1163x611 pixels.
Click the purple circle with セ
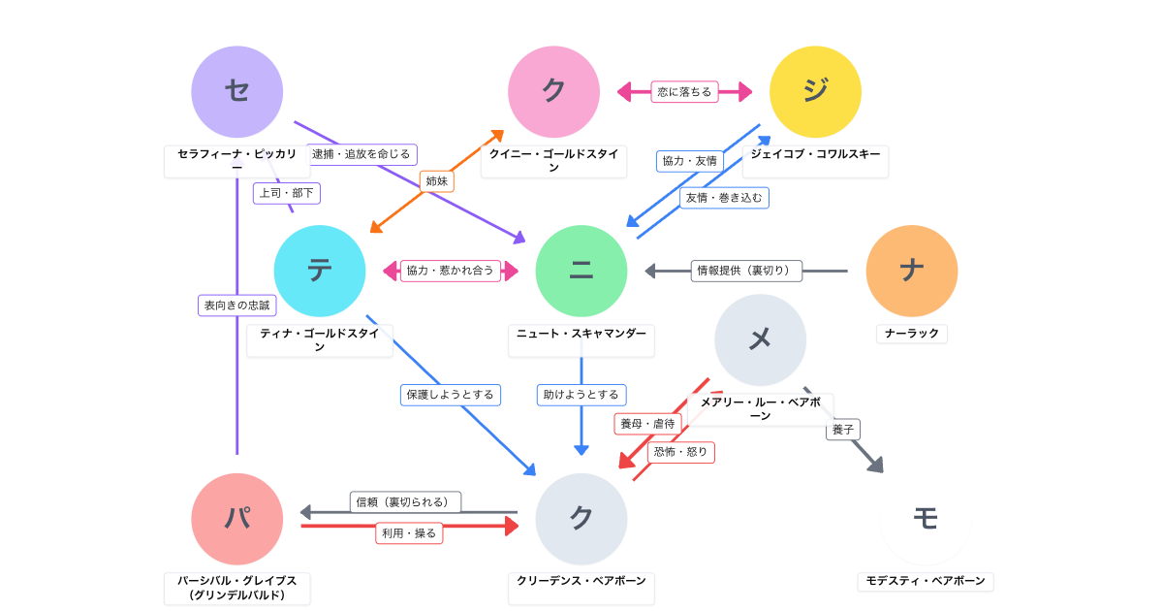click(x=237, y=92)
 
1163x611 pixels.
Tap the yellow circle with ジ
click(x=815, y=92)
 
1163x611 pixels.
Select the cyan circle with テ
click(x=320, y=271)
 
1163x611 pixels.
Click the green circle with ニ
click(x=581, y=271)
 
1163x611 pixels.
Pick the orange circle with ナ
click(x=912, y=271)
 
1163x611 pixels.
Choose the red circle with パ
click(x=237, y=519)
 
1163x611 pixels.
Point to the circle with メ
click(x=761, y=339)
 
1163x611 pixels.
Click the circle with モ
click(x=926, y=519)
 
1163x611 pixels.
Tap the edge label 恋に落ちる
click(x=684, y=92)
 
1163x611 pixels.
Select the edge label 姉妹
click(x=437, y=181)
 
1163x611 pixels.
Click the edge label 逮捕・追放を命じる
click(x=361, y=154)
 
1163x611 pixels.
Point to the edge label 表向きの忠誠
click(x=237, y=305)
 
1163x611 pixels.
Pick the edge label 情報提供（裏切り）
click(x=746, y=271)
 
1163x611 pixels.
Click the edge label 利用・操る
click(x=409, y=533)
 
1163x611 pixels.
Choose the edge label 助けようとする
click(x=581, y=395)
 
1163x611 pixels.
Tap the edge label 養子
click(x=843, y=430)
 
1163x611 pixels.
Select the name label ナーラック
click(x=912, y=334)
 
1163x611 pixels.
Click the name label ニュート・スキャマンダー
click(x=581, y=334)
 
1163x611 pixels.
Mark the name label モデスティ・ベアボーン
click(x=926, y=581)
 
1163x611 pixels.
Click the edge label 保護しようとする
click(x=451, y=395)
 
